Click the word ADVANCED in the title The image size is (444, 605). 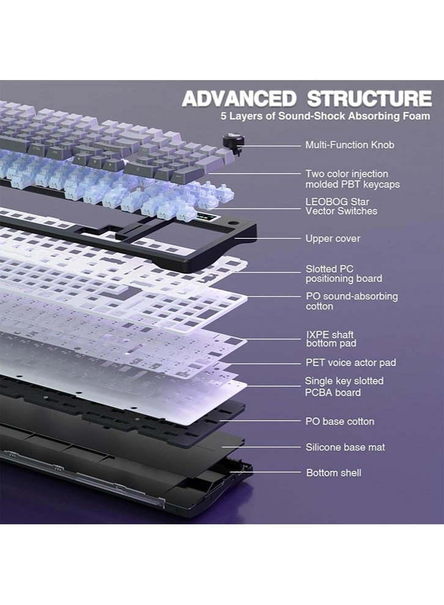coord(239,98)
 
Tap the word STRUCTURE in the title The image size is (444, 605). coord(369,98)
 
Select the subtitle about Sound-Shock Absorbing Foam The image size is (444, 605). coord(325,116)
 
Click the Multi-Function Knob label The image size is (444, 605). coord(350,145)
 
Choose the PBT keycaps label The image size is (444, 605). coord(352,179)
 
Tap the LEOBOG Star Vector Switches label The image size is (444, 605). coord(341,206)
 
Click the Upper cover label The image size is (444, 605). coord(333,238)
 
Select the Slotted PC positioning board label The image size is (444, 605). coord(344,274)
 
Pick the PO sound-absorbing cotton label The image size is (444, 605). coord(352,301)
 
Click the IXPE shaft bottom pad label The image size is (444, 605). coord(331,339)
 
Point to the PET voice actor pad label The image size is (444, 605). coord(350,362)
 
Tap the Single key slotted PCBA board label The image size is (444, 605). coord(344,387)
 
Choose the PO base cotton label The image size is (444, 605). coord(340,421)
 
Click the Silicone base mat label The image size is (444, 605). coord(345,447)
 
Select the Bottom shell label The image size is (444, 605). coord(333,472)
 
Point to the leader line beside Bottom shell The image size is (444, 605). coord(265,472)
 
